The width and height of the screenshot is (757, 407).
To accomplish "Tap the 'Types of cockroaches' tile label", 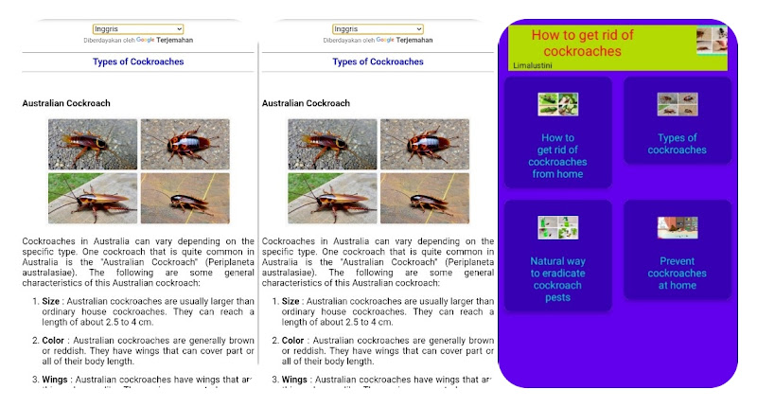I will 677,144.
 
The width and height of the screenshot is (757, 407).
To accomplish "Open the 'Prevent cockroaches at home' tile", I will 677,256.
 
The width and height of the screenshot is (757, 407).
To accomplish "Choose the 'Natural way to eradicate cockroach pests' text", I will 557,279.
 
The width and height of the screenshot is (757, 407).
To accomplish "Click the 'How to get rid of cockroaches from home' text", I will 557,156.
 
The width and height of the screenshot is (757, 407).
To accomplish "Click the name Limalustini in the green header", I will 532,65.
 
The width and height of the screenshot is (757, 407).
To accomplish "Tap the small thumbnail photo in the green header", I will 712,41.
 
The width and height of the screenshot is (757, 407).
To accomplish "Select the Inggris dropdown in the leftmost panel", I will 138,29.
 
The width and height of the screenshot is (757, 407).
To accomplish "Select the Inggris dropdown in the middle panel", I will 378,29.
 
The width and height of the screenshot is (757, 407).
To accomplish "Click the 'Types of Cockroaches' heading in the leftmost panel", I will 138,62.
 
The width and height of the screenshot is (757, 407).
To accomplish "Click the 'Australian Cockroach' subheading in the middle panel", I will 306,103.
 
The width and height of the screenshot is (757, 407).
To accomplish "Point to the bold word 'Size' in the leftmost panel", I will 51,302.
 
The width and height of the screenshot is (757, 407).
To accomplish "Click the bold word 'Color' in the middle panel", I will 292,340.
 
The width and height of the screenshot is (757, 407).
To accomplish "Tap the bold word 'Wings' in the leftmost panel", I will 55,379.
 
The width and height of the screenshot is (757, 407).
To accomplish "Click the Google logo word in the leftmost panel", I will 145,40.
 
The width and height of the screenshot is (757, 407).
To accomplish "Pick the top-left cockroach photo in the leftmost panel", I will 93,144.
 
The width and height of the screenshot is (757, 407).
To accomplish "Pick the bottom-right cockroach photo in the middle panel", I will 424,198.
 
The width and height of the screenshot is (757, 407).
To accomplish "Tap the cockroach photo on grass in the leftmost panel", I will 93,198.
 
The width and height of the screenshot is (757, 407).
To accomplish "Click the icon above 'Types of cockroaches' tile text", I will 677,103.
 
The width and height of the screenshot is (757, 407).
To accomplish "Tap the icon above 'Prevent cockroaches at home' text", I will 677,227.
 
